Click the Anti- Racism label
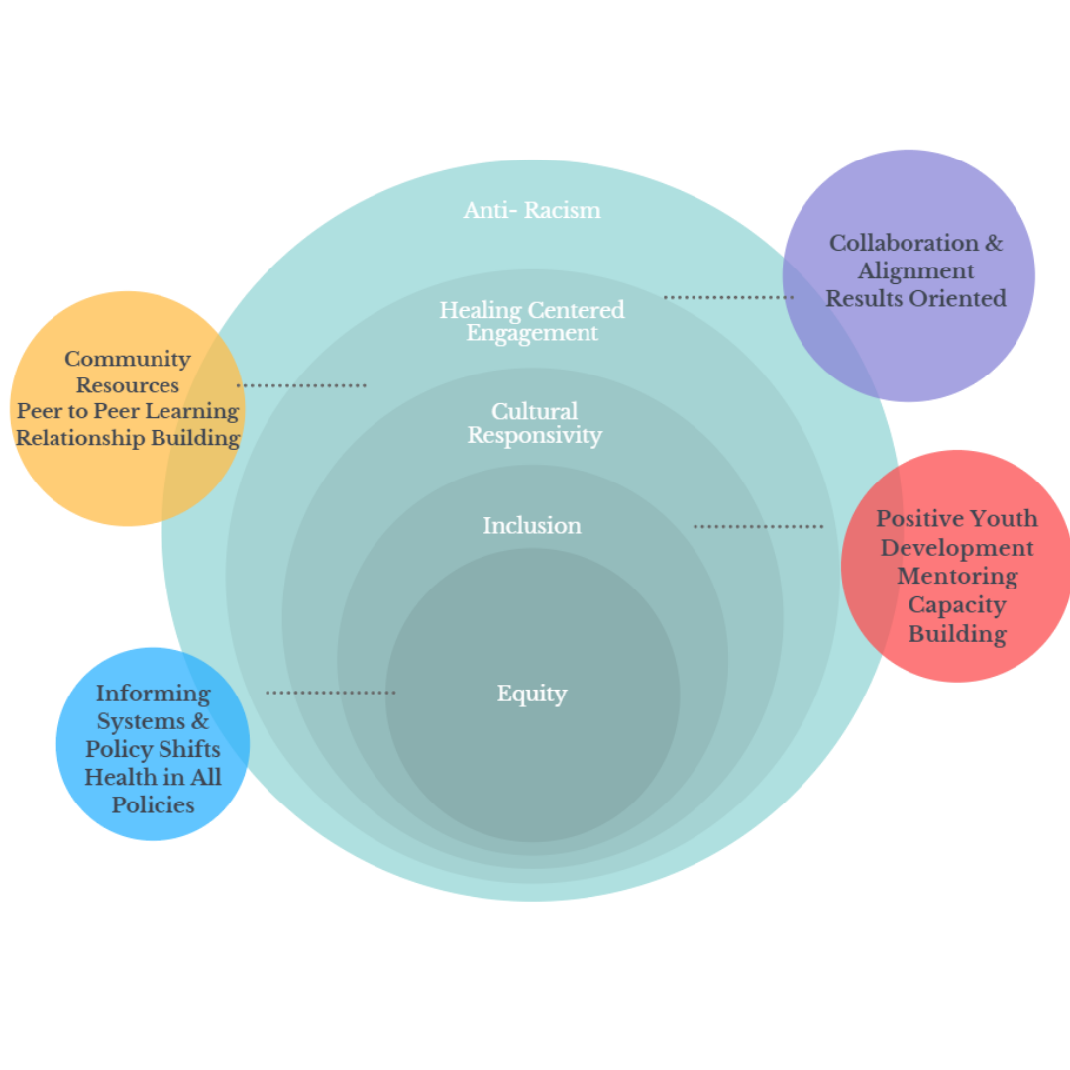(x=532, y=210)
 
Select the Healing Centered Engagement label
(x=532, y=321)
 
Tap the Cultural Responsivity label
(x=534, y=423)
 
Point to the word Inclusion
(x=532, y=525)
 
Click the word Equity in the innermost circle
(x=532, y=694)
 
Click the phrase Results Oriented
(x=915, y=298)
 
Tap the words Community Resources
(x=128, y=372)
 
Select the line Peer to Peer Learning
(x=128, y=411)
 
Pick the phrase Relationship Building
(x=128, y=438)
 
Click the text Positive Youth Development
(x=957, y=533)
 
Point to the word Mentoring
(x=957, y=576)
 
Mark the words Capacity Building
(x=957, y=619)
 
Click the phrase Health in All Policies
(x=153, y=791)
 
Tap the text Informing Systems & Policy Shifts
(x=153, y=721)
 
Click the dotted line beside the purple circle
(x=728, y=297)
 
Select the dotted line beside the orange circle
(x=301, y=385)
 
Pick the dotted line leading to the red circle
(x=758, y=526)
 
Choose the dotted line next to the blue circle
(x=331, y=693)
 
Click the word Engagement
(x=532, y=333)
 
